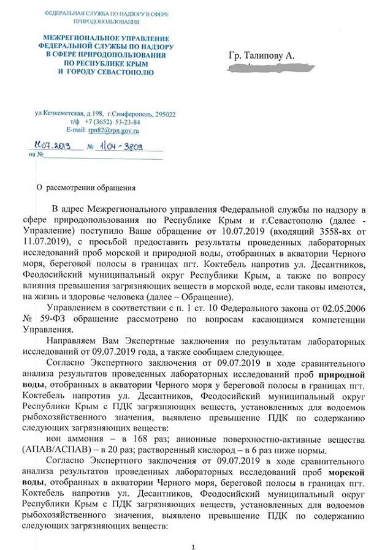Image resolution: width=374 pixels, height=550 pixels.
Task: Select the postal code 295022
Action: [x=165, y=114]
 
